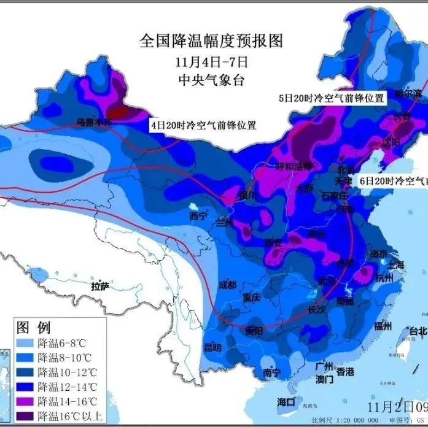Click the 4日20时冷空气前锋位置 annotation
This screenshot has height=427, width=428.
click(203, 125)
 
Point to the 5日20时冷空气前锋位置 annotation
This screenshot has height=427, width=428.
click(331, 98)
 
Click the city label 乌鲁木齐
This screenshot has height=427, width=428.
click(94, 122)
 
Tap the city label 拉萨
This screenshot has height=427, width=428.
click(100, 286)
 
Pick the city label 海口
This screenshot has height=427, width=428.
click(286, 402)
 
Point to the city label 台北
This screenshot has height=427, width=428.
click(418, 331)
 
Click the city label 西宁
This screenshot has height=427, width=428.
click(198, 216)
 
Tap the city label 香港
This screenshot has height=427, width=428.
click(345, 372)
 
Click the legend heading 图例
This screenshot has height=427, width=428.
click(34, 326)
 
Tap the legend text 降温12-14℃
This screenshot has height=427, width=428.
click(67, 387)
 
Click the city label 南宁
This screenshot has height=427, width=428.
click(271, 372)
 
